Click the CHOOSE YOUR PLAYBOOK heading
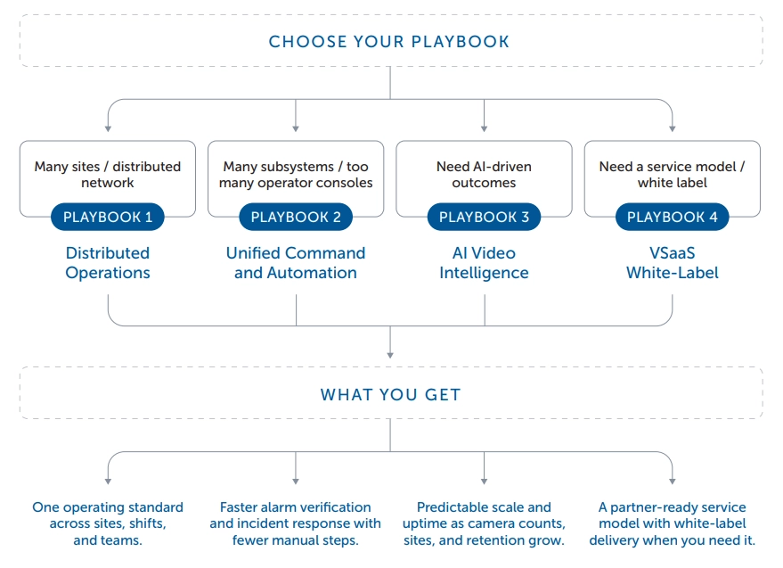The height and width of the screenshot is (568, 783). pyautogui.click(x=389, y=42)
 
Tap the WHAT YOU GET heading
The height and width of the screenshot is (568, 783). pyautogui.click(x=390, y=394)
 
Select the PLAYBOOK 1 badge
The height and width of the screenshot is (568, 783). pyautogui.click(x=108, y=218)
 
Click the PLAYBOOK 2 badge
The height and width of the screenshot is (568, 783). pyautogui.click(x=296, y=218)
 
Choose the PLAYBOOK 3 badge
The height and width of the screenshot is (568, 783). pyautogui.click(x=484, y=218)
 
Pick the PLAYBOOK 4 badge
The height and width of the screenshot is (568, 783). pyautogui.click(x=672, y=218)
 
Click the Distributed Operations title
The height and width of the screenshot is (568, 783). pyautogui.click(x=108, y=263)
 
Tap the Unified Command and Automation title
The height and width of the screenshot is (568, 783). pyautogui.click(x=296, y=263)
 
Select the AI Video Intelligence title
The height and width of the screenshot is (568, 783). pyautogui.click(x=484, y=263)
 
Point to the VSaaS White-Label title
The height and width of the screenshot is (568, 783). pyautogui.click(x=672, y=263)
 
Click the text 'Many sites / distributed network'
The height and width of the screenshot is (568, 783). pyautogui.click(x=108, y=175)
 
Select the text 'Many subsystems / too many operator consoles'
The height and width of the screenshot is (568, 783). pyautogui.click(x=296, y=175)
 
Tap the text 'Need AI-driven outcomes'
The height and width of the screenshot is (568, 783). pyautogui.click(x=484, y=175)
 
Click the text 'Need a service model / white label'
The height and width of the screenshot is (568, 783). pyautogui.click(x=672, y=175)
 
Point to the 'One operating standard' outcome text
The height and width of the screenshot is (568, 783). pyautogui.click(x=108, y=523)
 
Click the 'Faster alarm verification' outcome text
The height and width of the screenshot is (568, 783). pyautogui.click(x=296, y=523)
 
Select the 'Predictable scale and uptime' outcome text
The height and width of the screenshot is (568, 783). pyautogui.click(x=484, y=523)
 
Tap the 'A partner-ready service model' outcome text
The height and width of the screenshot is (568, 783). pyautogui.click(x=672, y=523)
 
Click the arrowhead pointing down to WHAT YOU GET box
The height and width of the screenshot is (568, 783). pyautogui.click(x=390, y=358)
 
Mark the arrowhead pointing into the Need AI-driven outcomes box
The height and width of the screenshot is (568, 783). pyautogui.click(x=484, y=129)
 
